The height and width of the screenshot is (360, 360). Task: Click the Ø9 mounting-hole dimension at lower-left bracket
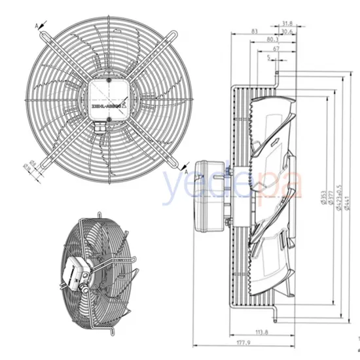31,165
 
